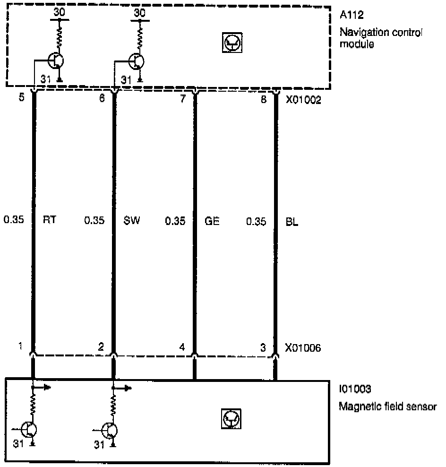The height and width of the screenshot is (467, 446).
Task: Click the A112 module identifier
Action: coord(350,17)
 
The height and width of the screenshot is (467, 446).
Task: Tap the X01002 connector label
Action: coord(303,100)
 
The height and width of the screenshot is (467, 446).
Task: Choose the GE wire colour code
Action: coord(212,220)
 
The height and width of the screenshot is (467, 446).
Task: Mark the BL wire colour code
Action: coord(292,220)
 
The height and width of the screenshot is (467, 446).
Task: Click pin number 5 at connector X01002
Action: coord(21,100)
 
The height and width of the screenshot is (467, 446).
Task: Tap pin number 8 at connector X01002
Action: coord(264,100)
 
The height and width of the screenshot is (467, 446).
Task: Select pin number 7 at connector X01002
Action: coord(183,100)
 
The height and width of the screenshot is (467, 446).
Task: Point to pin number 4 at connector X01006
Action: coord(182,347)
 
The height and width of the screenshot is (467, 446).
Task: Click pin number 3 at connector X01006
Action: coord(263,347)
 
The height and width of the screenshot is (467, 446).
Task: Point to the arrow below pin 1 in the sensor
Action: coord(43,387)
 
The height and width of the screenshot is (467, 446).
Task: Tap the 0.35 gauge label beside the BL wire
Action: coord(257,220)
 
